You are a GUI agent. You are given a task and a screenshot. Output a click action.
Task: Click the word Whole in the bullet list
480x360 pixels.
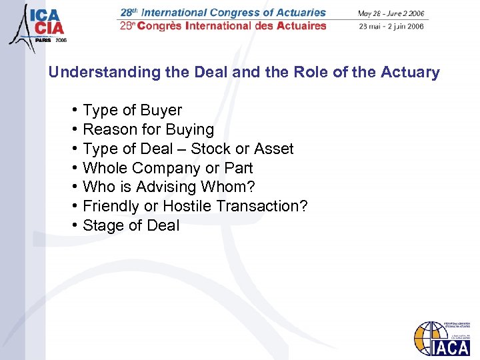[105, 169]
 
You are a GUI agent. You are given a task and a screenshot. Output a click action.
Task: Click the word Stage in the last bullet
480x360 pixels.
[103, 226]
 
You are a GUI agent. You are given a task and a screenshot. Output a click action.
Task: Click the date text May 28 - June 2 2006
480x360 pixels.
[391, 13]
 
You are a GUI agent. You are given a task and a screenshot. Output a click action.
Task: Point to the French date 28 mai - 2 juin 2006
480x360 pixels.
[392, 26]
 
